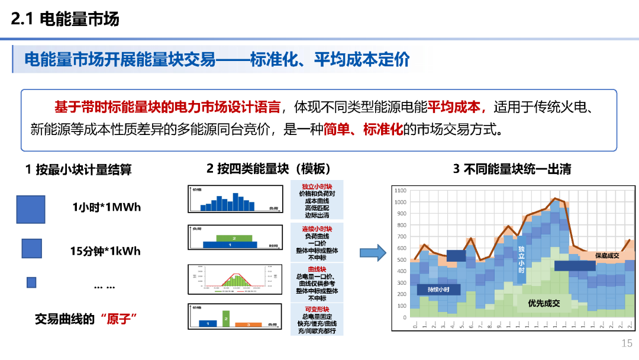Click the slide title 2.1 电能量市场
65,19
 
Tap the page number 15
627,343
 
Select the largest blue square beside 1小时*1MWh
31,209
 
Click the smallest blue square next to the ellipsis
31,282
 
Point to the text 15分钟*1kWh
105,251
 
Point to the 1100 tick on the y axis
401,191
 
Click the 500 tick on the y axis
402,260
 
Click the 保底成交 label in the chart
607,256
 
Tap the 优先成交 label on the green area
544,303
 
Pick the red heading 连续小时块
317,229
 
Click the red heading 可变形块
317,309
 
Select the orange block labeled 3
248,324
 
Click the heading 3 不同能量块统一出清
512,169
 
